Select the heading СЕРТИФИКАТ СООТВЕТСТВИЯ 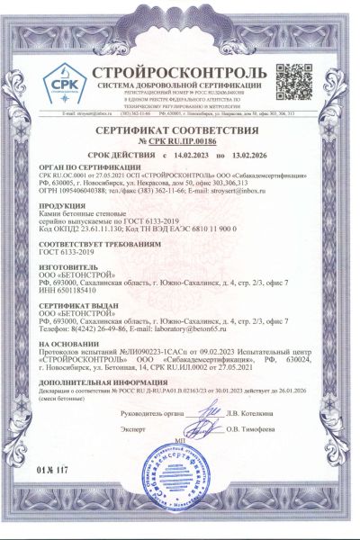178,131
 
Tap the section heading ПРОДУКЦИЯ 62,204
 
